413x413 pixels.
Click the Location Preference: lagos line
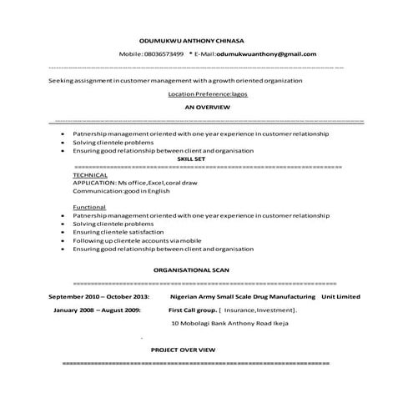pos(208,94)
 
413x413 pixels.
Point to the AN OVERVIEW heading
pos(207,108)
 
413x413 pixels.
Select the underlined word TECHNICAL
pos(89,174)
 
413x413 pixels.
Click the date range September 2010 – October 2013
pos(98,296)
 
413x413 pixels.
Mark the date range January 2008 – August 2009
pos(98,310)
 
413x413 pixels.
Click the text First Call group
pos(192,310)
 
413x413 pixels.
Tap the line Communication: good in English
pos(121,190)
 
